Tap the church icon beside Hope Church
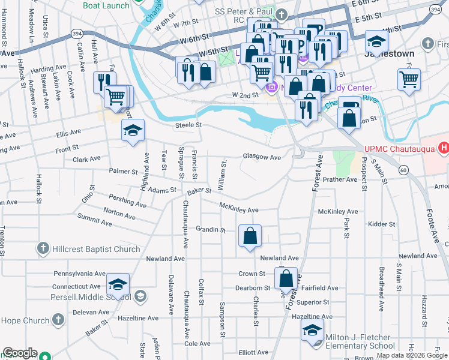coord(58,320)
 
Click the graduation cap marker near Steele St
coord(133,130)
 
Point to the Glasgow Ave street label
coord(262,157)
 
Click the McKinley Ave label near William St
coord(238,210)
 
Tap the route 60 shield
coord(403,170)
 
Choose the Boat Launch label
coord(106,5)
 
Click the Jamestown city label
coord(390,53)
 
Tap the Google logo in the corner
coord(19,353)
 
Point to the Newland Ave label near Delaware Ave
coord(166,259)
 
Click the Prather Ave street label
coord(339,179)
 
